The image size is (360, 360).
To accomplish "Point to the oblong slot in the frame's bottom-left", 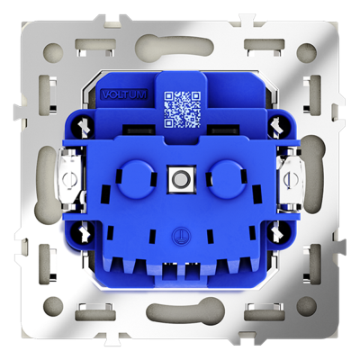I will tap(93, 312).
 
